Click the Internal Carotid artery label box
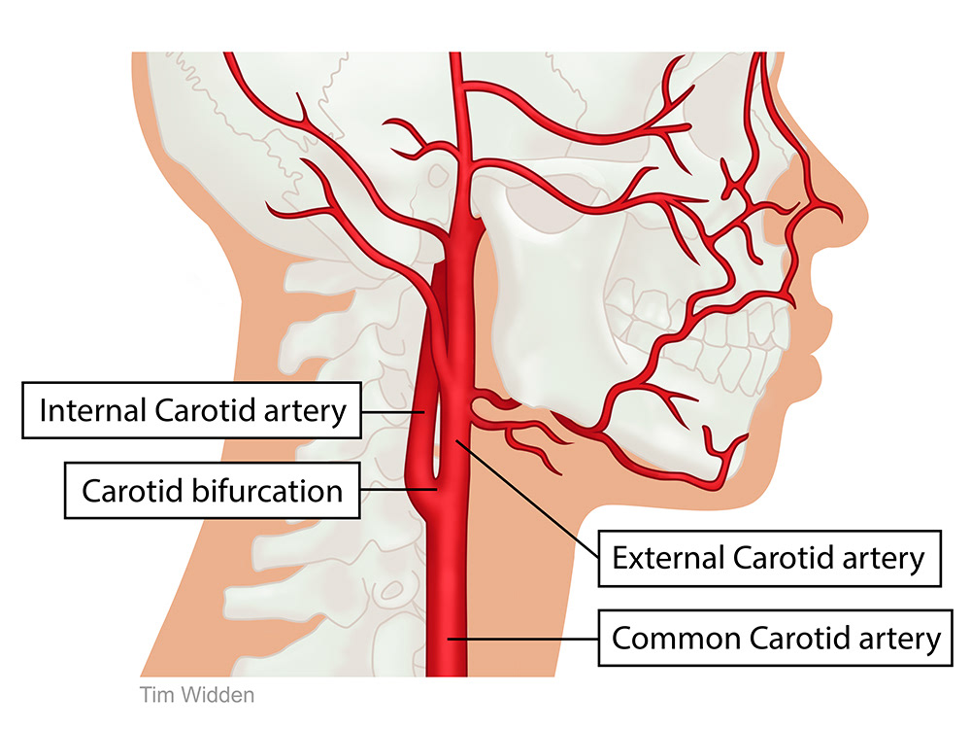(x=192, y=410)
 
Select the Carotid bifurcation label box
(x=212, y=490)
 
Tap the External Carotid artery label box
(x=768, y=558)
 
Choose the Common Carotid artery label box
(x=776, y=639)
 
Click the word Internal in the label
(x=91, y=410)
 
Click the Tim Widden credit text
(x=197, y=695)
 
